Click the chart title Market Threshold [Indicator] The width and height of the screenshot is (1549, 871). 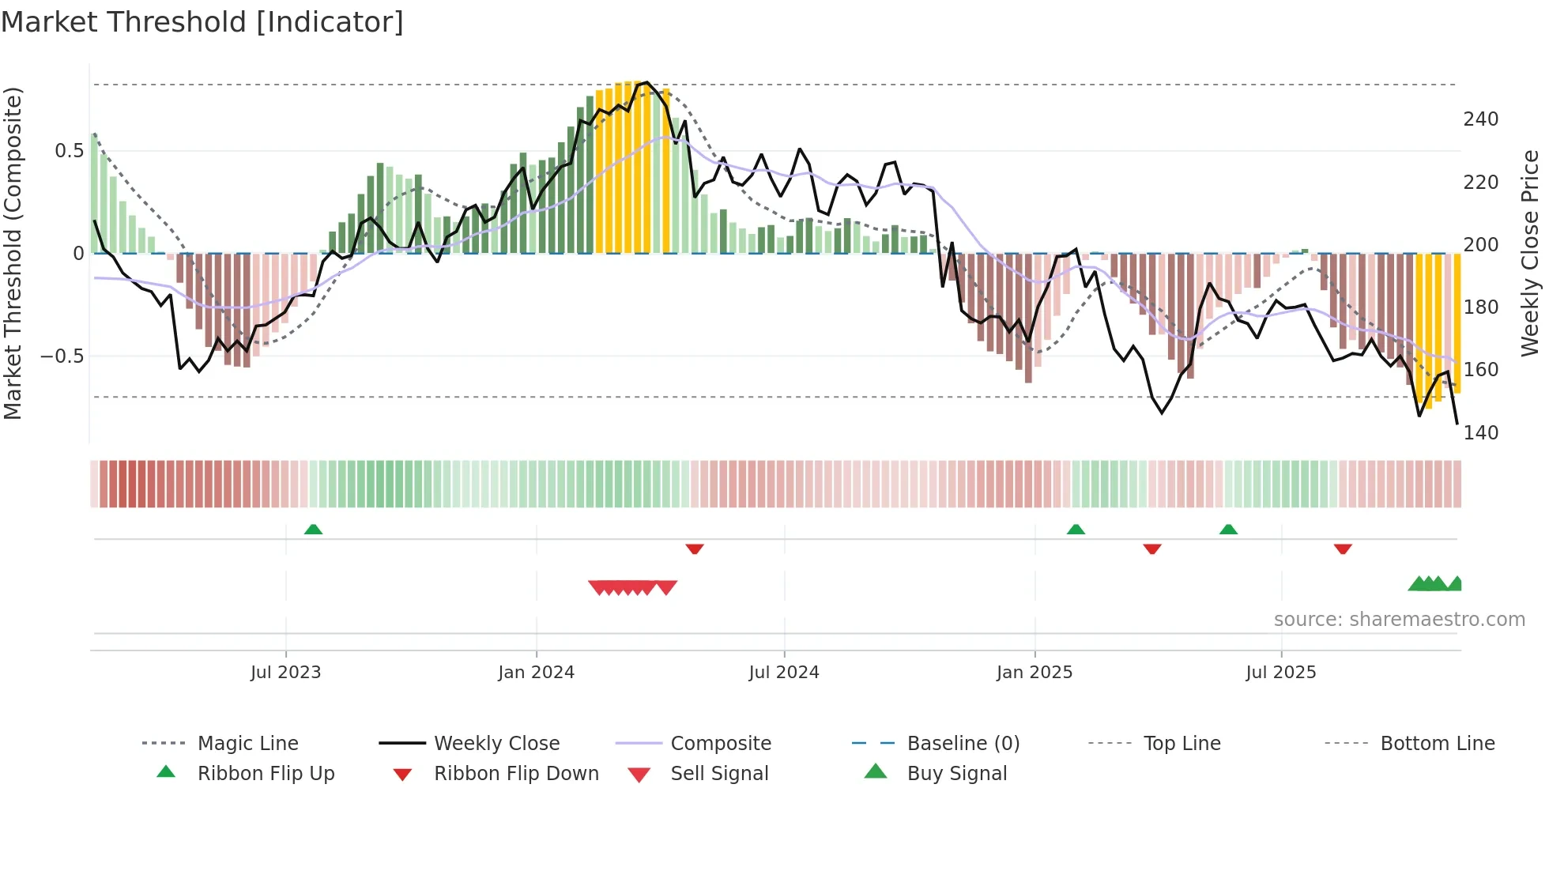point(202,22)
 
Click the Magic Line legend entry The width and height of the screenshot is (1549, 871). point(247,744)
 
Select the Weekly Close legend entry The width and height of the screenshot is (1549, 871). point(496,744)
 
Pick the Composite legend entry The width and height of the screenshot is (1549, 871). point(720,744)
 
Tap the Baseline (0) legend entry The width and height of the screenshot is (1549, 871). point(963,744)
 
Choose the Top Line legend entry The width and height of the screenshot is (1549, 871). point(1182,744)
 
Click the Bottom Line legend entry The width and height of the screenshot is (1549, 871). point(1437,744)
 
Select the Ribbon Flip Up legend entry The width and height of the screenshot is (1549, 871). point(266,774)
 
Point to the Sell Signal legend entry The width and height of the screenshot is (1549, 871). point(718,774)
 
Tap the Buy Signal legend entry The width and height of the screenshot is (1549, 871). point(956,774)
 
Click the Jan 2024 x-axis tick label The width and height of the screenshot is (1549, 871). point(536,673)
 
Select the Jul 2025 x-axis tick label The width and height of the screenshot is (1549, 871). point(1280,673)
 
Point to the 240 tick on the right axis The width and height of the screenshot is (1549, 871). point(1480,119)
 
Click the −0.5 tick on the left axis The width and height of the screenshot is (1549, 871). point(62,356)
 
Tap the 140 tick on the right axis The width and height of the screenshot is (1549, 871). point(1480,433)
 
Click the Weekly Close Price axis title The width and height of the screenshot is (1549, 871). point(1530,253)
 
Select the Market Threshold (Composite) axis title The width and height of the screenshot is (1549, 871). point(13,253)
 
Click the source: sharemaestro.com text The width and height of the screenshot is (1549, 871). point(1399,620)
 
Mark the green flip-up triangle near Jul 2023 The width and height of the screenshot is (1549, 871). point(313,530)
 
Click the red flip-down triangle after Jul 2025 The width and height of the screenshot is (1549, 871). point(1343,549)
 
